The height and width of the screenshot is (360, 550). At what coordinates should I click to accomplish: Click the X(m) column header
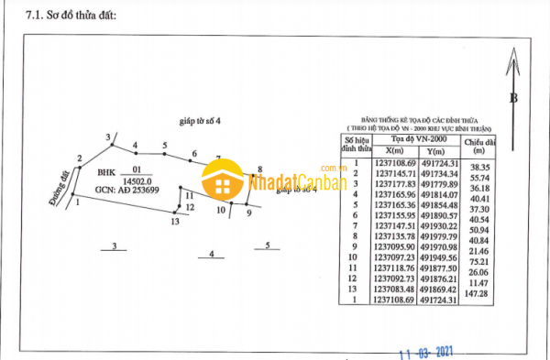tap(395, 151)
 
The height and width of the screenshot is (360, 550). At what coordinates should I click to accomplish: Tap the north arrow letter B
tap(514, 98)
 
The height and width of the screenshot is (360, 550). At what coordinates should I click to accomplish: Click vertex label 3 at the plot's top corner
tap(107, 137)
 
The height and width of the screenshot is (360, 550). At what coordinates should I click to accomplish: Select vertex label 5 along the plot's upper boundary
tap(165, 146)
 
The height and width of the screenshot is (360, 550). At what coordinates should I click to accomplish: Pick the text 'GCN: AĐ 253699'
tap(126, 191)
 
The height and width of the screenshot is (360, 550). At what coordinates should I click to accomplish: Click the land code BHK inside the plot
tap(106, 170)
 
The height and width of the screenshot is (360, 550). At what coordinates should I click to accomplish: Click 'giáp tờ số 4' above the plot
tap(199, 120)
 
